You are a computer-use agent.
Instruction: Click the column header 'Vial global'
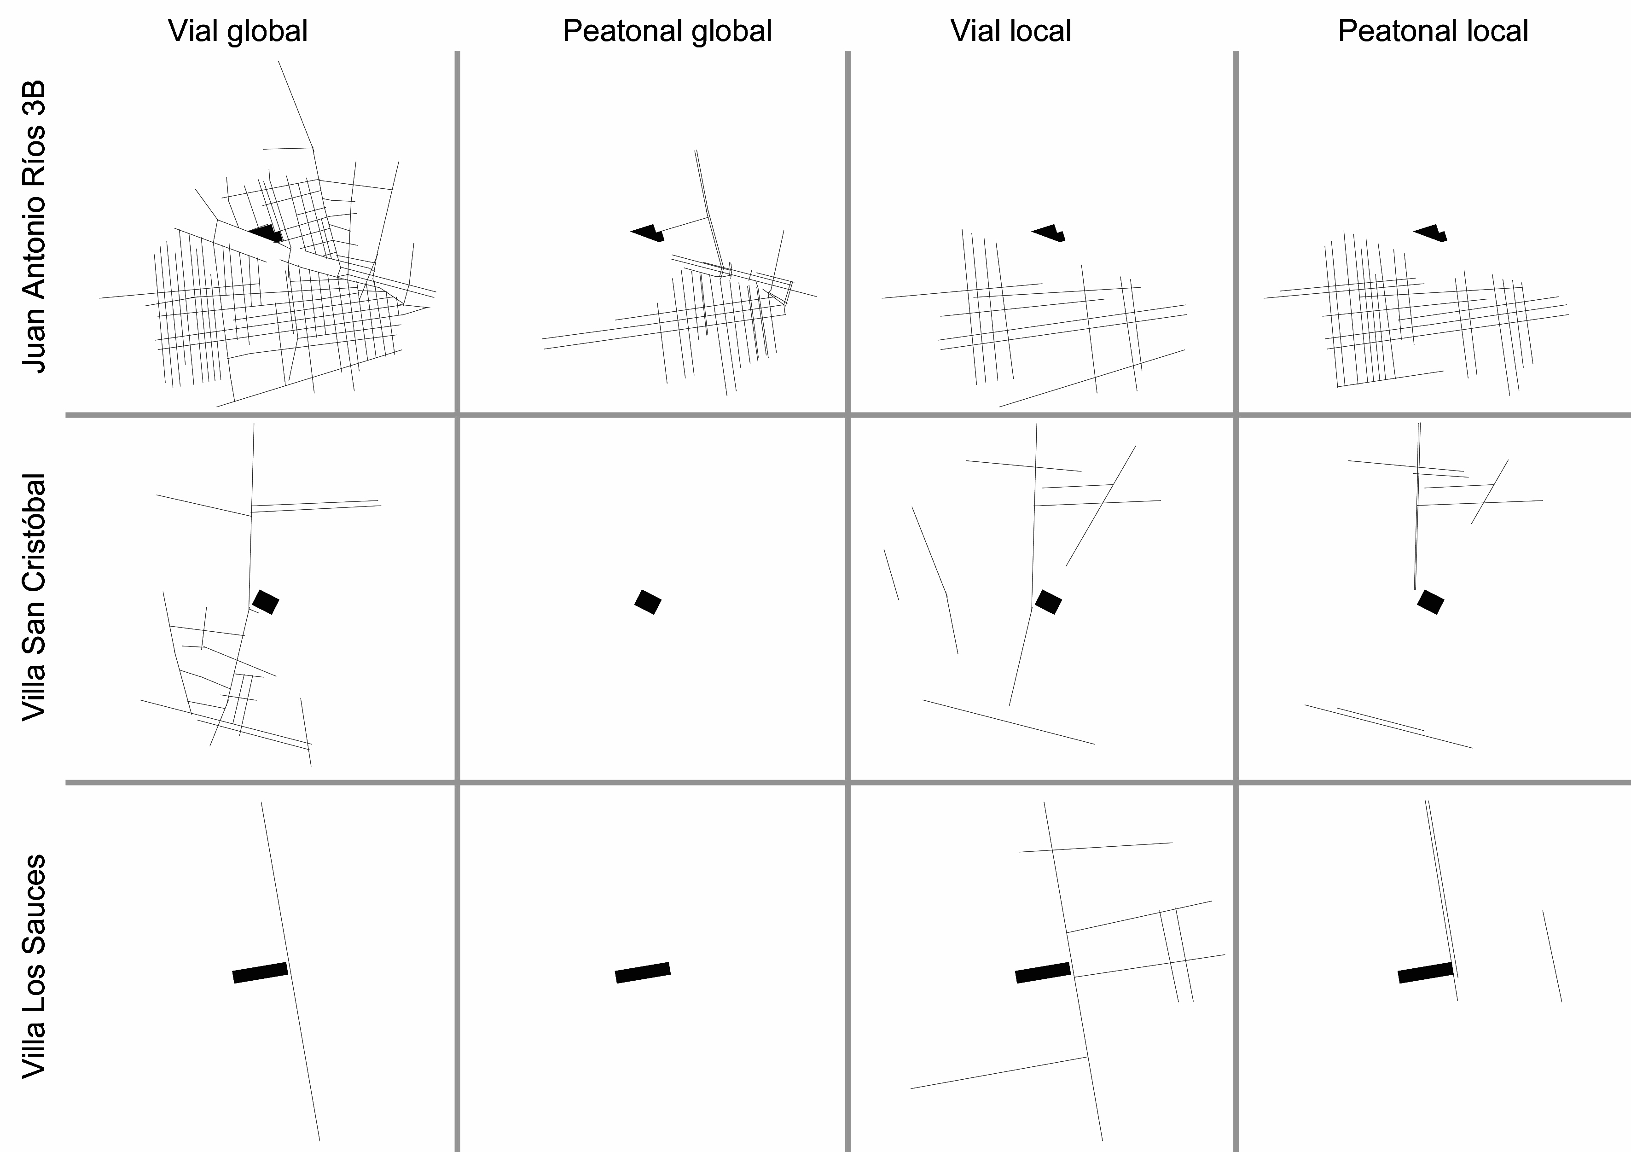click(x=238, y=31)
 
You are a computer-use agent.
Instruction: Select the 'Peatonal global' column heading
click(x=667, y=31)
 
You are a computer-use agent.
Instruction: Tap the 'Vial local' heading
click(x=1011, y=31)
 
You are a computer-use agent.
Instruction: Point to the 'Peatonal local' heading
click(x=1433, y=31)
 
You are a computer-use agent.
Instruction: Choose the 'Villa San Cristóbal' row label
click(x=34, y=598)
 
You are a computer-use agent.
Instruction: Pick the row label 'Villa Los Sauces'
click(x=34, y=966)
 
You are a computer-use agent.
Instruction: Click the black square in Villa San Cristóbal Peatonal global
click(x=648, y=602)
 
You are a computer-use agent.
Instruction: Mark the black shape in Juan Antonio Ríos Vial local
click(x=1049, y=233)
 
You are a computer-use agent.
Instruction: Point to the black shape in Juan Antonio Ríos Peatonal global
click(x=648, y=233)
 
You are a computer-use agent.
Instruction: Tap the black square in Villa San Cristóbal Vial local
click(x=1049, y=602)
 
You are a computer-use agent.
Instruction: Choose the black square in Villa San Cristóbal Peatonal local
click(x=1431, y=602)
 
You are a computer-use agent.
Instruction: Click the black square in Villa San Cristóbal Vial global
click(x=266, y=602)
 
